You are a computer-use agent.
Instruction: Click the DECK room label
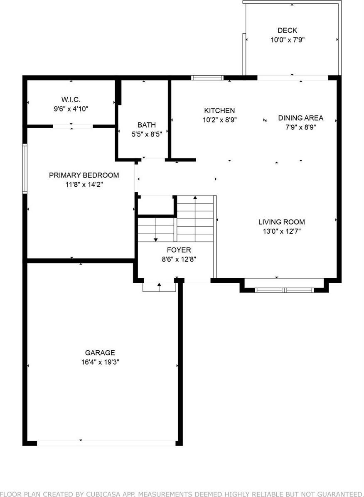pyautogui.click(x=287, y=30)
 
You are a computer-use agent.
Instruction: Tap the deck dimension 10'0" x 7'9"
pyautogui.click(x=287, y=40)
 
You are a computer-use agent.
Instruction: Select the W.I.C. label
pyautogui.click(x=71, y=99)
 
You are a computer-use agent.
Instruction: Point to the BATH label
pyautogui.click(x=147, y=125)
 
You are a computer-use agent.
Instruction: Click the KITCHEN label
pyautogui.click(x=219, y=110)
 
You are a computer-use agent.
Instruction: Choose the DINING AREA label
pyautogui.click(x=300, y=118)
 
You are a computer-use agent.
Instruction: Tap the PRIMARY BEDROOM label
pyautogui.click(x=84, y=175)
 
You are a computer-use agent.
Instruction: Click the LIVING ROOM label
pyautogui.click(x=281, y=222)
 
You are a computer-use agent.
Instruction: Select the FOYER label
pyautogui.click(x=179, y=250)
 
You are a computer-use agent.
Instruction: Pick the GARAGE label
pyautogui.click(x=100, y=352)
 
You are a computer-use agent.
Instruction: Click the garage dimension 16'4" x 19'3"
pyautogui.click(x=100, y=362)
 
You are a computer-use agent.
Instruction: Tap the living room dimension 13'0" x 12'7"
pyautogui.click(x=281, y=232)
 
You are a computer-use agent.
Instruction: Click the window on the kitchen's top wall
pyautogui.click(x=207, y=78)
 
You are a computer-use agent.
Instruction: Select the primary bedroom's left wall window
pyautogui.click(x=25, y=168)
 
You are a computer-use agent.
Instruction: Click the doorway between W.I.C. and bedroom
pyautogui.click(x=72, y=126)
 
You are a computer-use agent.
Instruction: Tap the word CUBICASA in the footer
pyautogui.click(x=103, y=493)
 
